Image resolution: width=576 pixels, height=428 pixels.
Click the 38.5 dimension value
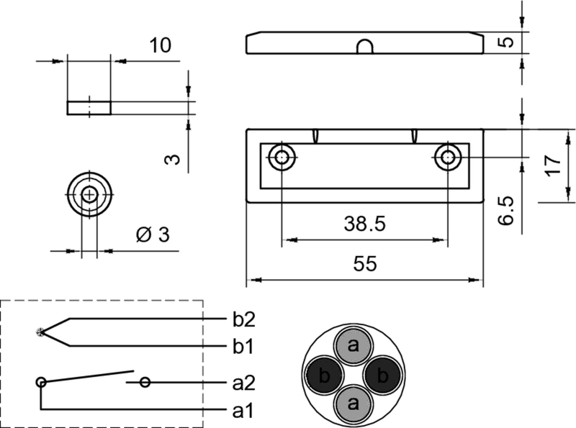click(x=365, y=224)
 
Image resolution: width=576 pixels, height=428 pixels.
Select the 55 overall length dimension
click(x=365, y=265)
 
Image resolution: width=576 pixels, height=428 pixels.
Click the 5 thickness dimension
click(x=507, y=42)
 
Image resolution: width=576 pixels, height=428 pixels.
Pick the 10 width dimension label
click(x=160, y=46)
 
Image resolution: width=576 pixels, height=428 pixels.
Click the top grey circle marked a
click(x=353, y=346)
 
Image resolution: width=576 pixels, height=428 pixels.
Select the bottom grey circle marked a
click(x=353, y=403)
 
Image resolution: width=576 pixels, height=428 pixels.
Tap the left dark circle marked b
click(x=324, y=375)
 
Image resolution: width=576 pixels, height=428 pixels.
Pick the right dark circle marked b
click(x=382, y=375)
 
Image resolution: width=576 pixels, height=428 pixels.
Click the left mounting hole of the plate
click(x=282, y=157)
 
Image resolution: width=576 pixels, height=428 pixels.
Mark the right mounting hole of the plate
click(x=448, y=157)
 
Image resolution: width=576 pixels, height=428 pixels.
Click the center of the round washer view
click(x=89, y=194)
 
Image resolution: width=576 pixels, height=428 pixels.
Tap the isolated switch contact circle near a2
click(x=145, y=382)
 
